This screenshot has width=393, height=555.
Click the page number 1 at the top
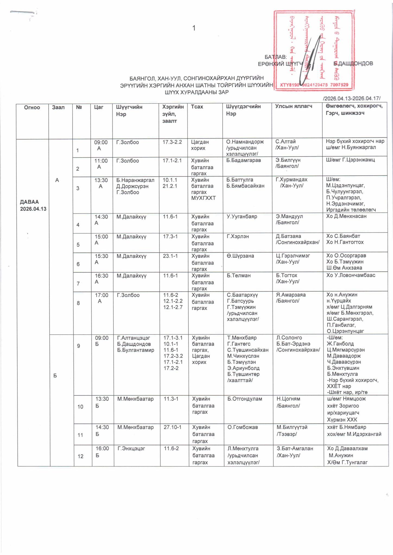(194, 28)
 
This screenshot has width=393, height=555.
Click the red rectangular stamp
(314, 50)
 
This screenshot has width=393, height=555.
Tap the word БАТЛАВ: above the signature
(275, 57)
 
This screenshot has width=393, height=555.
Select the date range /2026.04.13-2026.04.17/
(352, 98)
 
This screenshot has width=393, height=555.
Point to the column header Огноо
(32, 107)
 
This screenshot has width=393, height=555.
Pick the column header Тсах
(197, 107)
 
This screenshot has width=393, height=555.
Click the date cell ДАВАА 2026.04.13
(33, 205)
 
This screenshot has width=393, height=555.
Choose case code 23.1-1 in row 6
(170, 256)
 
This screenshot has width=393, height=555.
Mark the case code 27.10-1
(173, 427)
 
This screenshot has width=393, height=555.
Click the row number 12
(81, 456)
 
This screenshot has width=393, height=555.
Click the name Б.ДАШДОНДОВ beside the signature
(353, 63)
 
